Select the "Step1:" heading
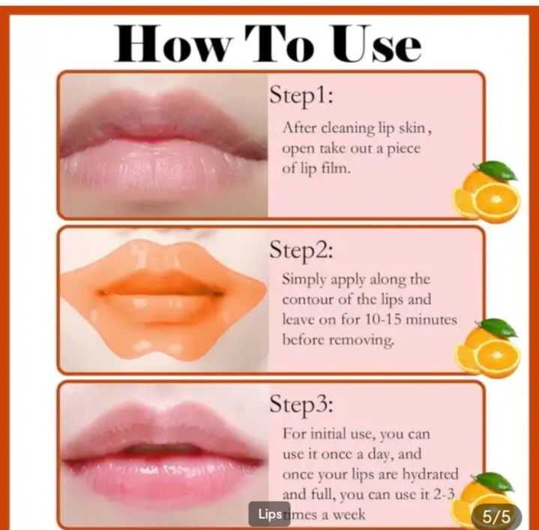[x=301, y=97]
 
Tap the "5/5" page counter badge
[x=496, y=515]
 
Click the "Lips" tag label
[x=269, y=514]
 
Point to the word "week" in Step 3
[x=350, y=515]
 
